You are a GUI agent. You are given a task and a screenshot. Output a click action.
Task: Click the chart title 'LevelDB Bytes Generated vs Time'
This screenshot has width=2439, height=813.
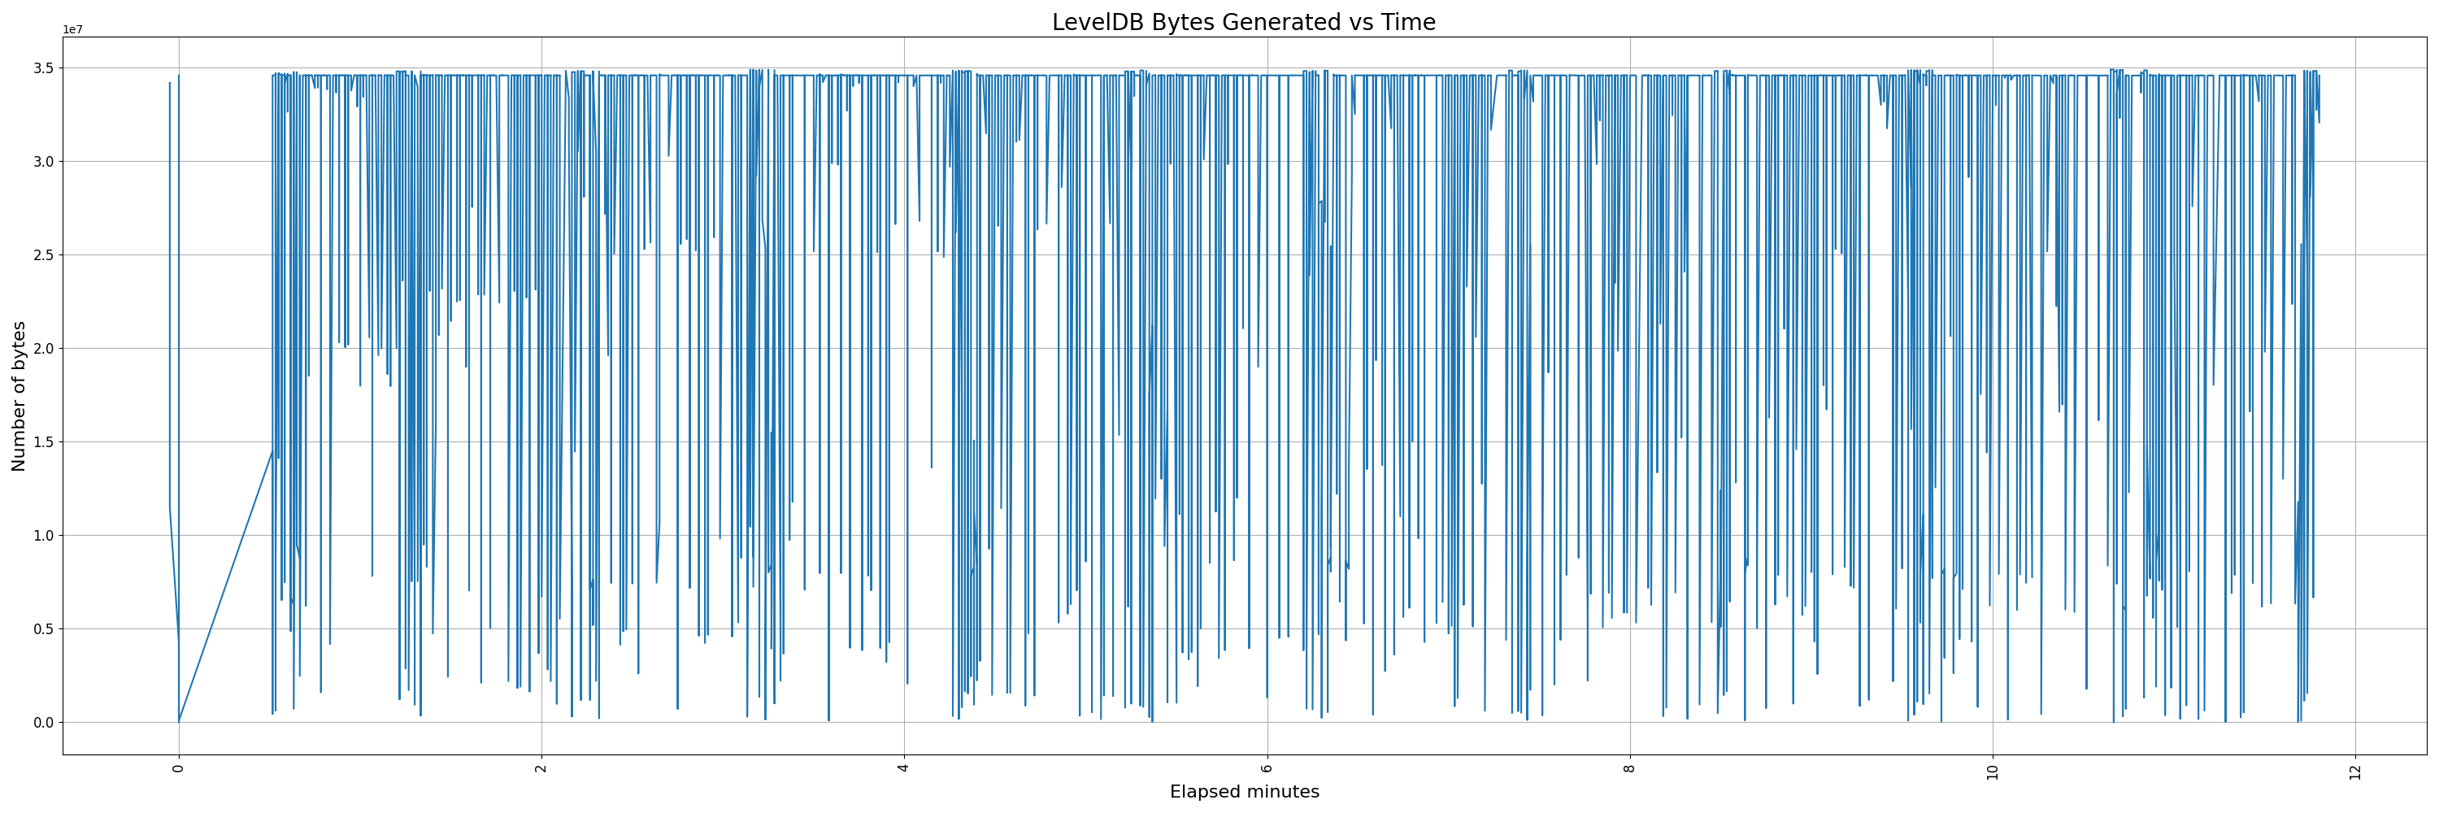click(1243, 22)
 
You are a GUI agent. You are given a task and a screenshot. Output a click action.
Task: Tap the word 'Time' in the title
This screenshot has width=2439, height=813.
click(1411, 22)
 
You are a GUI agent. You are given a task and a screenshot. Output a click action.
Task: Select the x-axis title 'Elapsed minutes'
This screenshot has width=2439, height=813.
click(1244, 791)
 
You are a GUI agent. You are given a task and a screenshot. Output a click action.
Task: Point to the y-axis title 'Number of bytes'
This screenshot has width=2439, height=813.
click(19, 396)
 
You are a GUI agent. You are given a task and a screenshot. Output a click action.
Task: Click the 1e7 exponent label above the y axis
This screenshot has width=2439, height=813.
click(72, 29)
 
